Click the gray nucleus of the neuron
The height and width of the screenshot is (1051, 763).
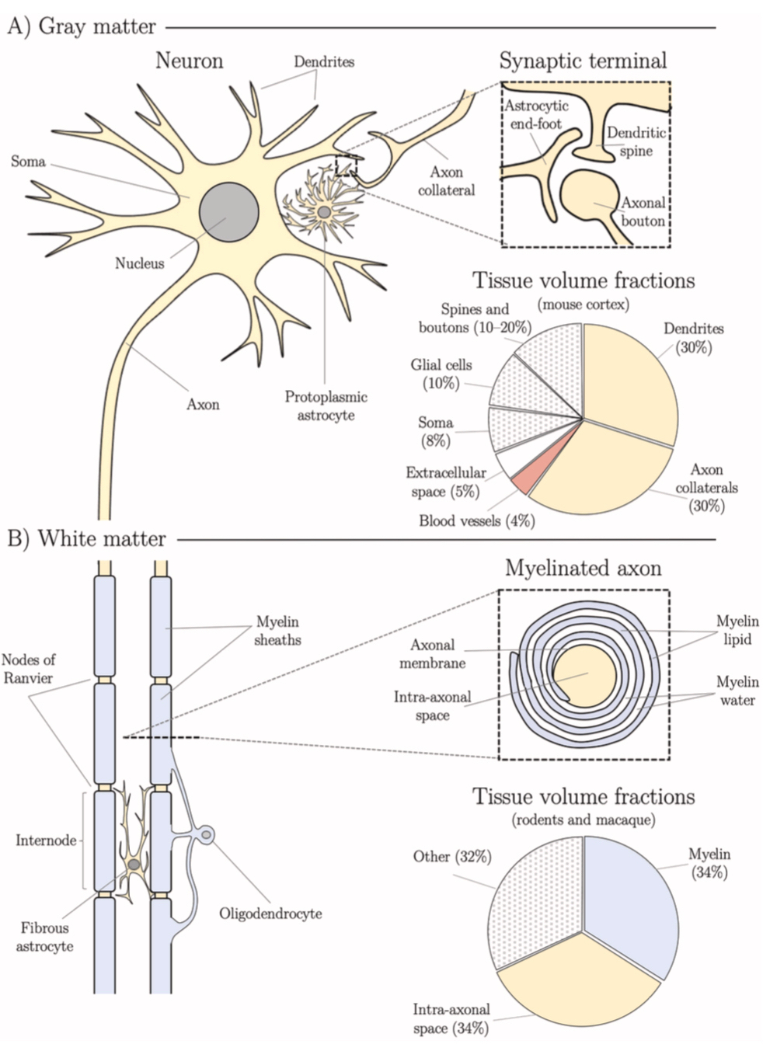229,212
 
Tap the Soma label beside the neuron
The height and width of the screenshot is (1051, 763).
28,162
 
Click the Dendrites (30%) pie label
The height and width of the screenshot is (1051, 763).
693,338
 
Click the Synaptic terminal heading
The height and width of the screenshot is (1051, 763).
583,61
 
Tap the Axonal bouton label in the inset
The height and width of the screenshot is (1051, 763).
643,211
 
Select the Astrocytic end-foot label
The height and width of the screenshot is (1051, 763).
536,114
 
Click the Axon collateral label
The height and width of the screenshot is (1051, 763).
446,181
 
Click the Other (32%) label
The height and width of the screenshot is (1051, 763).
452,857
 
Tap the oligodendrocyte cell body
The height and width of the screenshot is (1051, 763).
207,836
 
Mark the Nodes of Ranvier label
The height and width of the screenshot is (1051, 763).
28,669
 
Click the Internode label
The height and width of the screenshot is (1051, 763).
46,840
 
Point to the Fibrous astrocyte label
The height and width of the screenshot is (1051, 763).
44,937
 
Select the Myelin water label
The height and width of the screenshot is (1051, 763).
737,691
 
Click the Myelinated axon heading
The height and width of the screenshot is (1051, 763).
583,568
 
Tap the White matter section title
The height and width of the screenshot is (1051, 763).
86,538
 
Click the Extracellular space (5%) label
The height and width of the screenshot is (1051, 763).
445,482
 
